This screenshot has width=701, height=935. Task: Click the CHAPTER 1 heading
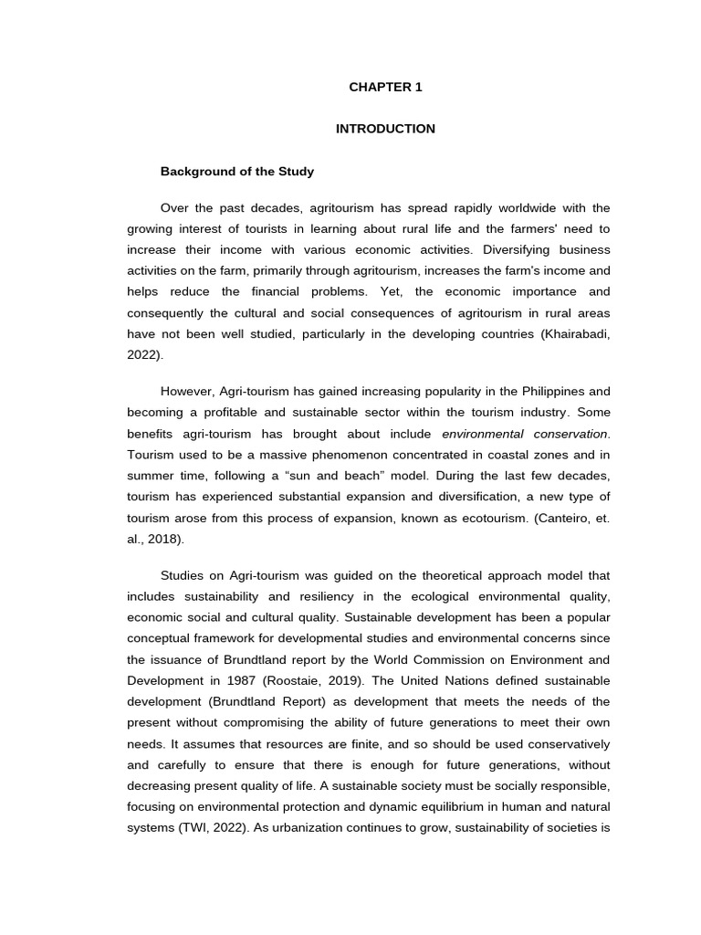tap(385, 88)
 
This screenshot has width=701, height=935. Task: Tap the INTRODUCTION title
tap(385, 129)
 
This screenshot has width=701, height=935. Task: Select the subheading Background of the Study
tap(236, 171)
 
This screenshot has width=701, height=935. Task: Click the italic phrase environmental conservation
tap(524, 434)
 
